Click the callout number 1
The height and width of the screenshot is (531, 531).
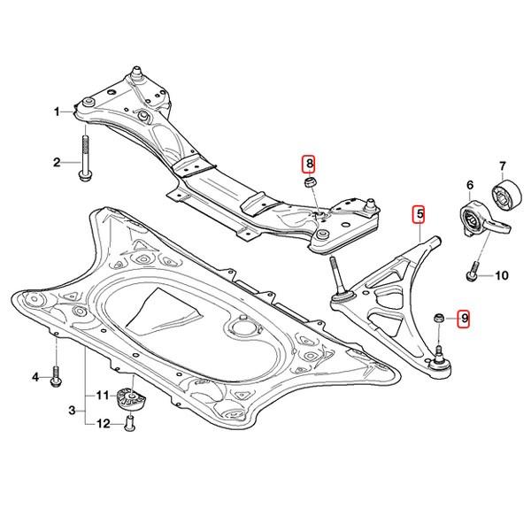(x=56, y=112)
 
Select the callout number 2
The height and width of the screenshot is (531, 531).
(x=56, y=162)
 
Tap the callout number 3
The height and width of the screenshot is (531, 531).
(x=73, y=411)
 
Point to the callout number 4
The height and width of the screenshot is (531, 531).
(x=36, y=378)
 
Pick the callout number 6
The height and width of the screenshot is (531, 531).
(x=469, y=185)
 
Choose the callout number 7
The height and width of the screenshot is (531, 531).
(x=502, y=165)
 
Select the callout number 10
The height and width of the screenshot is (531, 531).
(x=500, y=275)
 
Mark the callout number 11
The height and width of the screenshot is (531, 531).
(x=102, y=394)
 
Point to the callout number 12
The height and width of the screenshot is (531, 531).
(x=104, y=424)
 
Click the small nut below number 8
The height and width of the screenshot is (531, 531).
(x=309, y=182)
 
